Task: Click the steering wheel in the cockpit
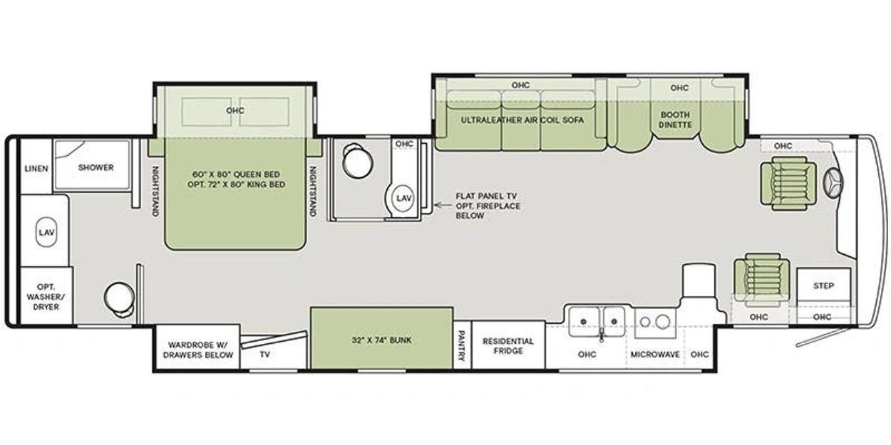pos(834,184)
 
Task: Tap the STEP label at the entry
pos(823,286)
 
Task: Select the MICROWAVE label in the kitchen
pos(655,355)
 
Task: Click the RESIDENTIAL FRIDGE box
pos(508,345)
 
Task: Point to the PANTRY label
pos(462,345)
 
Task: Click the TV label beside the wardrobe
pos(265,355)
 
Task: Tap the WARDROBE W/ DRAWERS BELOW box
pos(197,348)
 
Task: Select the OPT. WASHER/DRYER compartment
pos(46,296)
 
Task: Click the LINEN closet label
pos(36,169)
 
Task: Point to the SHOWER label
pos(96,167)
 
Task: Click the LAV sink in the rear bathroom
pos(46,232)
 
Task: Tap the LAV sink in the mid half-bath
pos(403,198)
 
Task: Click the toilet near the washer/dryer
pos(119,299)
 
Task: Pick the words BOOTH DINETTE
pos(675,120)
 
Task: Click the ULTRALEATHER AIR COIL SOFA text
pos(522,120)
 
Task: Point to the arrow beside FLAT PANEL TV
pos(443,205)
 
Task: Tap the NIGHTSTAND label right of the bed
pos(313,192)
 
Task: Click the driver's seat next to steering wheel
pos(788,183)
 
